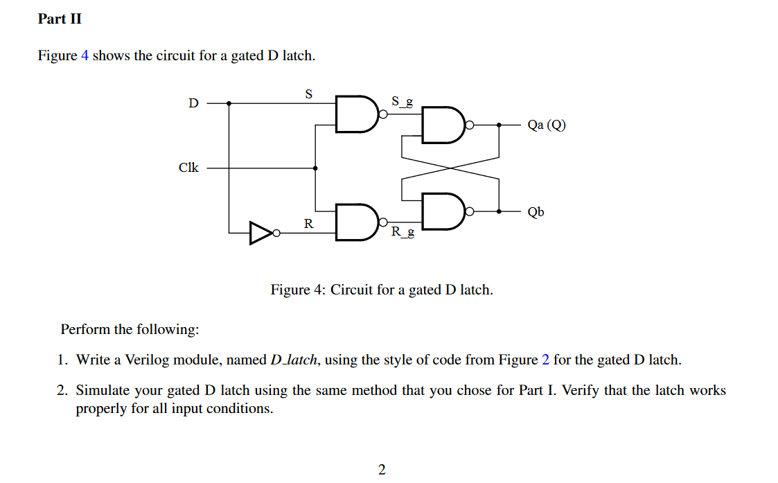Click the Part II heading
coord(60,19)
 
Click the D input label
coord(193,103)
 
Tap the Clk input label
coord(188,168)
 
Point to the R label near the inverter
coord(308,223)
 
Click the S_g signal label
coord(403,101)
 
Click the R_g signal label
coord(403,231)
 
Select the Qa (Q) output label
coord(546,125)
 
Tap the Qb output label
coord(536,211)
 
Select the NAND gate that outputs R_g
coord(356,222)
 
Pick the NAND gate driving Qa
coord(443,125)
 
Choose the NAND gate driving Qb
coord(443,211)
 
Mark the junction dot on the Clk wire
coord(316,168)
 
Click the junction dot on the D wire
coord(229,103)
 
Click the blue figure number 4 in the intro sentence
coord(85,55)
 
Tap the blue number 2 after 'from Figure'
coord(546,360)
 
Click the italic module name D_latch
coord(294,360)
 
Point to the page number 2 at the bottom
coord(382,470)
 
